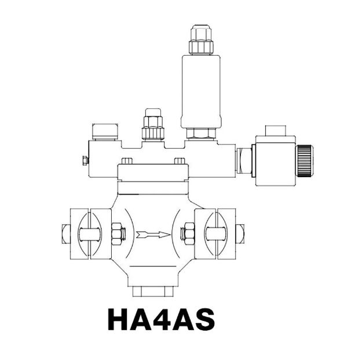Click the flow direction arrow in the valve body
click(154, 235)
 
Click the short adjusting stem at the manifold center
click(153, 125)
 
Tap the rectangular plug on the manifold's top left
click(106, 131)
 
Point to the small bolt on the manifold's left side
click(85, 160)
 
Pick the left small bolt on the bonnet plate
click(127, 160)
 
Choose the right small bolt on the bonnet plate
click(180, 160)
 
